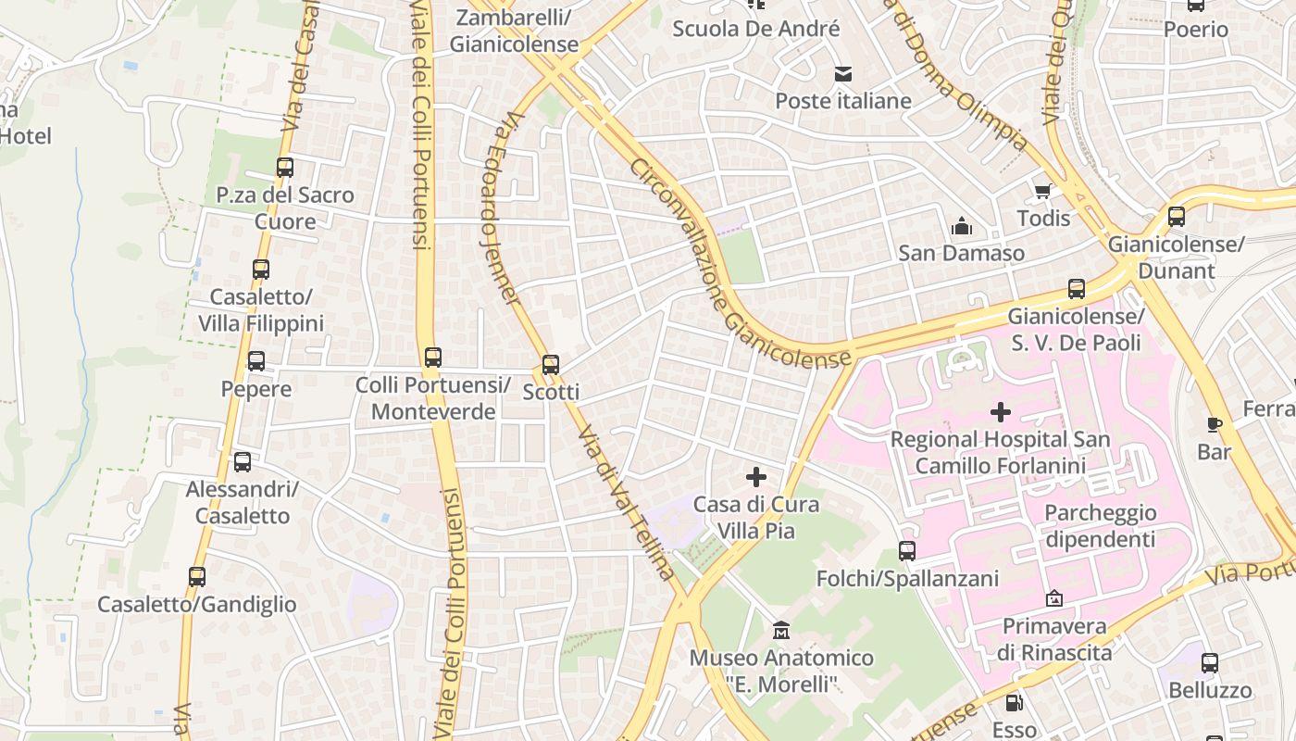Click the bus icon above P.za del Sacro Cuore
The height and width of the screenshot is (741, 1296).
point(285,168)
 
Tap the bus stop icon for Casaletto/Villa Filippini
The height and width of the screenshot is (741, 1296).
point(261,270)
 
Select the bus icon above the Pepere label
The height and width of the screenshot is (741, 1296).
point(256,361)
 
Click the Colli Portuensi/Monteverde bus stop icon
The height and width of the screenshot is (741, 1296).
point(432,357)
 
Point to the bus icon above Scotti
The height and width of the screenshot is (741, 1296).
point(551,364)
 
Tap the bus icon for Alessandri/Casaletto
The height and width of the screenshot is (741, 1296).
point(243,461)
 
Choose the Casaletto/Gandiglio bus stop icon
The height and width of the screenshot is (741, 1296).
point(197,576)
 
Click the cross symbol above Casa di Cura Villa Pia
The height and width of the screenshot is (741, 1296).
point(756,477)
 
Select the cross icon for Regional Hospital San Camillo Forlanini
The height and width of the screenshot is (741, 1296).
point(1000,411)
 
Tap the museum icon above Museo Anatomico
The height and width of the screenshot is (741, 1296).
point(781,631)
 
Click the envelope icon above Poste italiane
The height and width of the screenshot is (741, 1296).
point(843,74)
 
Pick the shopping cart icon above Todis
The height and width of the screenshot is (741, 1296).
point(1043,192)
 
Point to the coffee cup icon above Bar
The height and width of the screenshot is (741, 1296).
point(1215,424)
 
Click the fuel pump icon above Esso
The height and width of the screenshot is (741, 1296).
point(1015,702)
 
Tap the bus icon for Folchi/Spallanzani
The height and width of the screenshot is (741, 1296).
point(907,551)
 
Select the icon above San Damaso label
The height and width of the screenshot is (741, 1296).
point(962,226)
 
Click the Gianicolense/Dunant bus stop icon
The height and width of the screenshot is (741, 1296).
point(1176,217)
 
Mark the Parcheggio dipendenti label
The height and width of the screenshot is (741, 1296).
point(1100,526)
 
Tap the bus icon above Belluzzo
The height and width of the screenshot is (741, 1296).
point(1210,662)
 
